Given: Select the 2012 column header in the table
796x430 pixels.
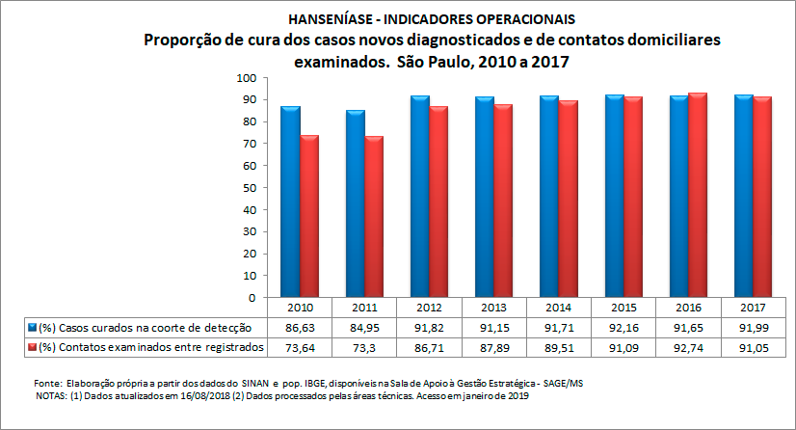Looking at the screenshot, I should click(x=430, y=308).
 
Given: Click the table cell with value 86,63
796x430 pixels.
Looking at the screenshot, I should click(x=299, y=328).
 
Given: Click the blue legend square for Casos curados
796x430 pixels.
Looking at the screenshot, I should click(x=33, y=328).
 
